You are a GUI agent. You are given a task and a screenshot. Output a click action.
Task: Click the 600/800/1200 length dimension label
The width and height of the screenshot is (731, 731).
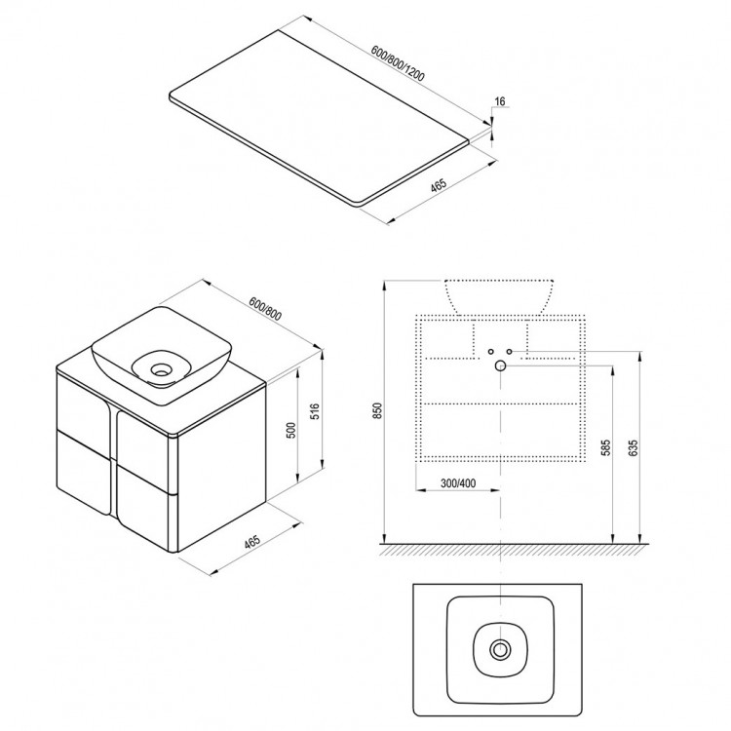click(x=398, y=63)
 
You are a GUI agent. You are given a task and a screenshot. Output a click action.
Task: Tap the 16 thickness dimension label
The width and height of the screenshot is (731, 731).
click(x=499, y=101)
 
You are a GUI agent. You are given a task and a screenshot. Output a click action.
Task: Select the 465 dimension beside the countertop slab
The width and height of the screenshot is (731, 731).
click(x=439, y=185)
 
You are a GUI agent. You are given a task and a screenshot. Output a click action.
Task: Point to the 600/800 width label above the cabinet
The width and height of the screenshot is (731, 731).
click(x=265, y=309)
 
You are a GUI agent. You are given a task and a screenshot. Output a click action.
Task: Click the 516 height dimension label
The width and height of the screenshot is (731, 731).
click(x=315, y=411)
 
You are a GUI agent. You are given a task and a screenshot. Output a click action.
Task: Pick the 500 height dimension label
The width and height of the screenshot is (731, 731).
click(x=290, y=430)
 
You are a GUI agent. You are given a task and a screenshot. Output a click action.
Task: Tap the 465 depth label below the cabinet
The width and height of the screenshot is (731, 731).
click(x=251, y=543)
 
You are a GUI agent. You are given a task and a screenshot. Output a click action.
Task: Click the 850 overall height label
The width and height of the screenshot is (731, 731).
click(x=377, y=410)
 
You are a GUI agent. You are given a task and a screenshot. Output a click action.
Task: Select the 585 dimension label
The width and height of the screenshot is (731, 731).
click(x=605, y=447)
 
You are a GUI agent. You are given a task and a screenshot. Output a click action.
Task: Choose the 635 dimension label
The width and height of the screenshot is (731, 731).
click(x=633, y=447)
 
